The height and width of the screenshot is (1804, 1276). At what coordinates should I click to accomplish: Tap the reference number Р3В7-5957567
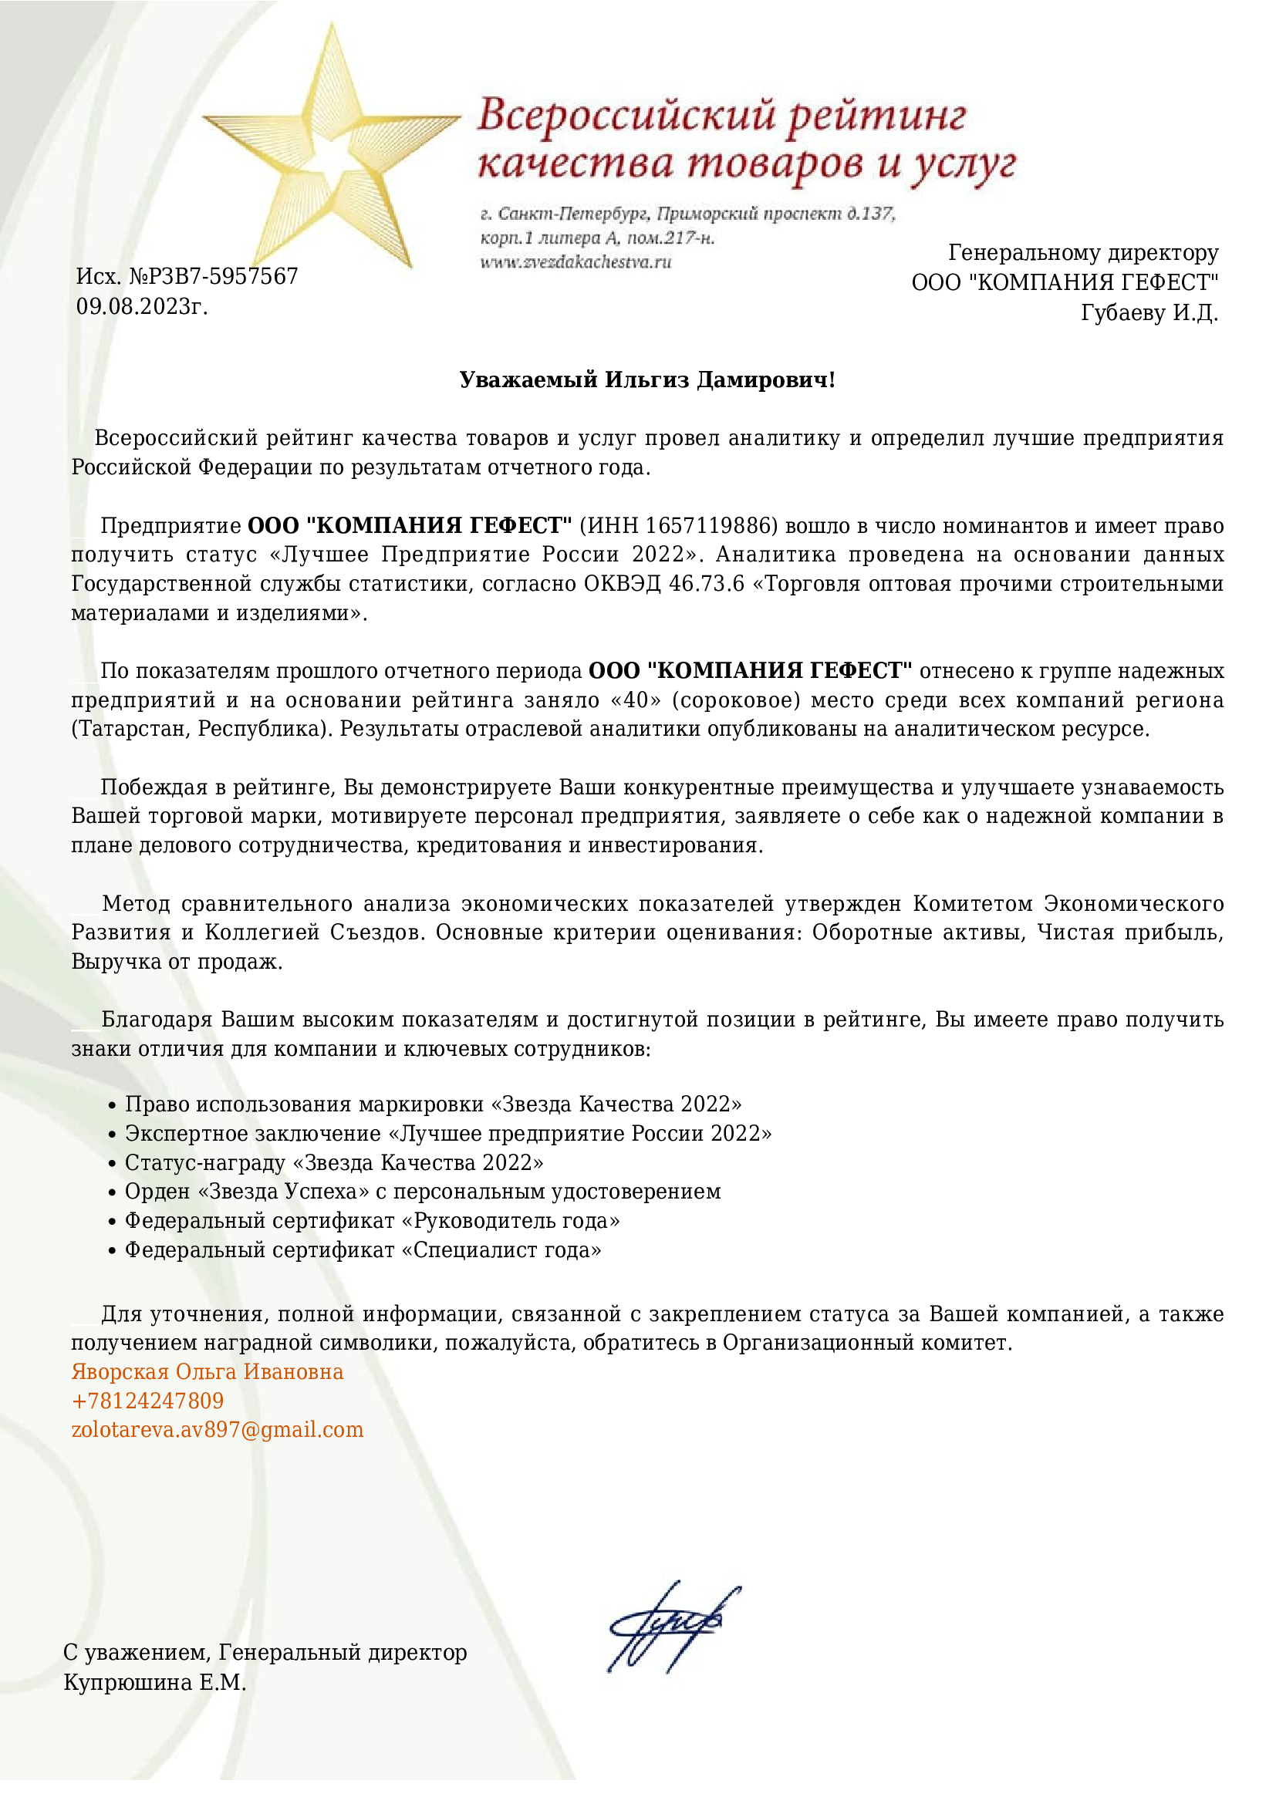[x=213, y=277]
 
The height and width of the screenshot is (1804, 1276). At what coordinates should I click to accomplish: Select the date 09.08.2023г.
[x=141, y=306]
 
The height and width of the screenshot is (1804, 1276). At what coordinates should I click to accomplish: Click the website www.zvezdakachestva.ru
[x=576, y=262]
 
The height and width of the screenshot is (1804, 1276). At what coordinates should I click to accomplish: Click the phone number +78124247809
[x=147, y=1400]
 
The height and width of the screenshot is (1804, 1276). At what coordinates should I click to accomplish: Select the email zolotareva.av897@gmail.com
[x=218, y=1429]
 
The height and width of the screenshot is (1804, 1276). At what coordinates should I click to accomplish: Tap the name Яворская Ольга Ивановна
[x=208, y=1371]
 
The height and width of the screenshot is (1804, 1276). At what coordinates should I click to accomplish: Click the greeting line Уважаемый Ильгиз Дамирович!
[x=646, y=380]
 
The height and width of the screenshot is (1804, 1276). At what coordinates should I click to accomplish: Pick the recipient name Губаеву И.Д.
[x=1149, y=312]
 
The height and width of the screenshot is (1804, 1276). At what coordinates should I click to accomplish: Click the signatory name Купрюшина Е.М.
[x=155, y=1682]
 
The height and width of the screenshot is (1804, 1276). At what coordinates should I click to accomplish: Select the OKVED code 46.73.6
[x=706, y=584]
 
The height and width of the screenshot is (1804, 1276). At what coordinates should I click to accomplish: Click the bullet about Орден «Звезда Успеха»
[x=423, y=1191]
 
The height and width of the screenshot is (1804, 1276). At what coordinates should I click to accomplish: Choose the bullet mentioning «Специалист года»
[x=363, y=1249]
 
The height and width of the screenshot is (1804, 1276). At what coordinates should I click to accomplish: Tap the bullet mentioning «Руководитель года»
[x=372, y=1220]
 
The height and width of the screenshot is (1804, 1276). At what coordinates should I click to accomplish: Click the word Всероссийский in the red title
[x=626, y=116]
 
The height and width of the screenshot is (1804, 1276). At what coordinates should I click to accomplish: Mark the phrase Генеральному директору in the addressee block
[x=1082, y=253]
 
